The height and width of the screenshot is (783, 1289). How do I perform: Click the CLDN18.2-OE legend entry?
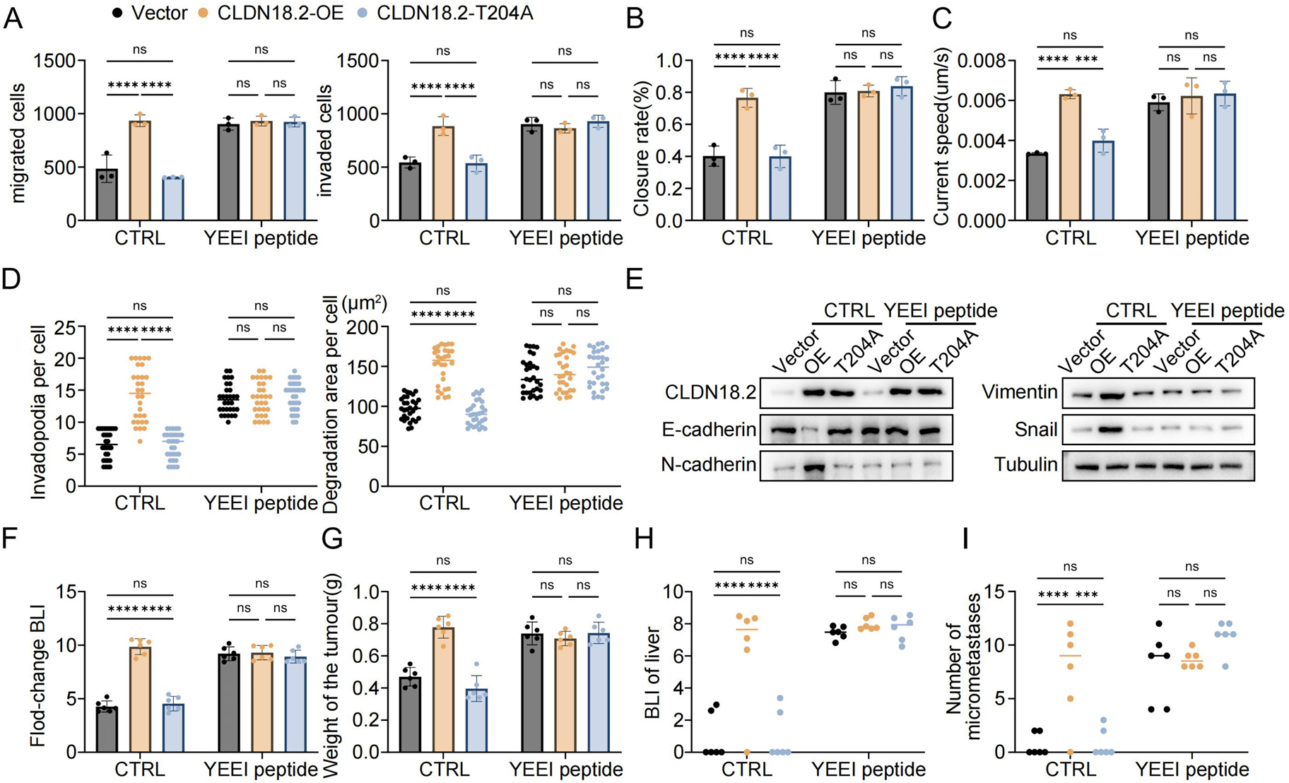(280, 13)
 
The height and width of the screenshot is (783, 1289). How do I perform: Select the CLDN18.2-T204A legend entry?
(454, 13)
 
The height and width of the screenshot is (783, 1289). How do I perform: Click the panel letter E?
(635, 279)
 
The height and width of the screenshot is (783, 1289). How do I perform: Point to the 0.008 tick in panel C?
(990, 61)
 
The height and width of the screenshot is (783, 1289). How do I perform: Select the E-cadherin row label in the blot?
(709, 430)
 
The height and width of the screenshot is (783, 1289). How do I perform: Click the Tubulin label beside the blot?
(1025, 465)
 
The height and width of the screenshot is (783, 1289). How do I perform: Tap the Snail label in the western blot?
(1036, 430)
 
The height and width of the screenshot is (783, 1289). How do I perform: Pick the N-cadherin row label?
(709, 465)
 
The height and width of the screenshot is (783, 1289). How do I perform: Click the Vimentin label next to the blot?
(1020, 392)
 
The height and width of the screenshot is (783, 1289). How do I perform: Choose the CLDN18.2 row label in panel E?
(710, 392)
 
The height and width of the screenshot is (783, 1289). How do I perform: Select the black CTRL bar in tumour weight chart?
(410, 714)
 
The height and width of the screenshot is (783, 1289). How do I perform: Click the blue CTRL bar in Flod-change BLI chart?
(173, 727)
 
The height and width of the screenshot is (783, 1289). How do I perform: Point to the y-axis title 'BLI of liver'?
(652, 672)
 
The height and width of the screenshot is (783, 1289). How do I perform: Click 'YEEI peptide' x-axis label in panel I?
(1191, 769)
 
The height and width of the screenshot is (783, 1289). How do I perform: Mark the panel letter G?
(331, 539)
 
